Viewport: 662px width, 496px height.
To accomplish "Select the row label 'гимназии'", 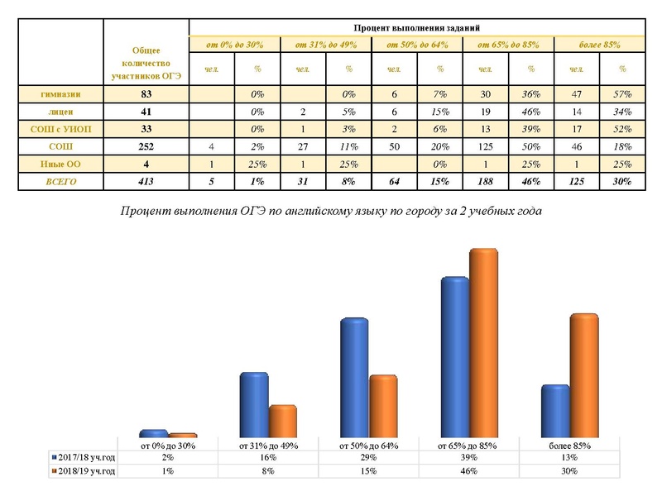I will [x=60, y=95].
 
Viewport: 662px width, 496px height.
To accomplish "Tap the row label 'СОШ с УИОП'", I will [x=60, y=129].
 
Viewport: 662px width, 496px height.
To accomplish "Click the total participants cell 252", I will [x=146, y=146].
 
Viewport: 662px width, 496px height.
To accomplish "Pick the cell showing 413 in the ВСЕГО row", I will [x=146, y=181].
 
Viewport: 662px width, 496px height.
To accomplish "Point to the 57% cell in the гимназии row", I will [x=622, y=95].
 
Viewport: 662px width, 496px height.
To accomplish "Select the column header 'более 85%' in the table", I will [x=600, y=43].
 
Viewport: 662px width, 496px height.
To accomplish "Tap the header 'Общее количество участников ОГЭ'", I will [x=146, y=63].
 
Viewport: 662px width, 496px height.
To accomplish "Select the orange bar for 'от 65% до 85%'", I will [x=483, y=343].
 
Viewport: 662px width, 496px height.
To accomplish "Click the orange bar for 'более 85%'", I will [x=583, y=376].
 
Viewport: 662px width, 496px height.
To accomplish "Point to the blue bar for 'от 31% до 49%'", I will [x=254, y=405].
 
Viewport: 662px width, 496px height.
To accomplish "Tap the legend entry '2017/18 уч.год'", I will [x=84, y=457].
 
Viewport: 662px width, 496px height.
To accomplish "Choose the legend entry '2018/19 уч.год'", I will [x=84, y=470].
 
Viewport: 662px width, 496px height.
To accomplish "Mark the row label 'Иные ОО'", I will [x=60, y=164].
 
